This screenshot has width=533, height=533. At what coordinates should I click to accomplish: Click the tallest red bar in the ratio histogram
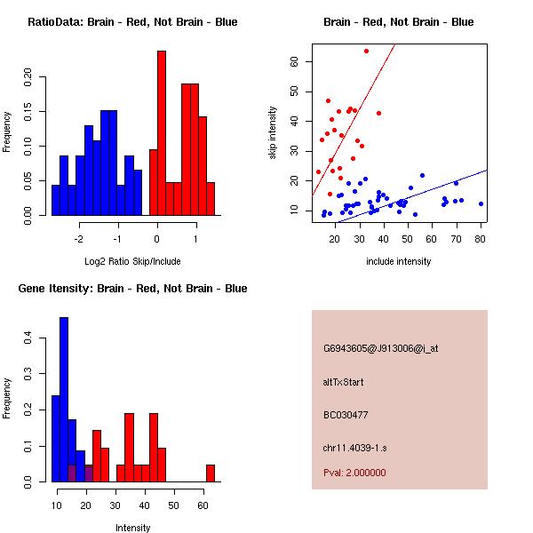point(162,133)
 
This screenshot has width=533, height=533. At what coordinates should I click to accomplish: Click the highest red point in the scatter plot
point(366,51)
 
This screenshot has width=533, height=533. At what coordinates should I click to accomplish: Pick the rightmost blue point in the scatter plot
point(481,203)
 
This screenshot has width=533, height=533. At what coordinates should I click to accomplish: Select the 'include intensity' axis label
point(399,261)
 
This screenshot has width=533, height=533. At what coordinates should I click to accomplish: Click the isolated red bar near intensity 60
point(211,473)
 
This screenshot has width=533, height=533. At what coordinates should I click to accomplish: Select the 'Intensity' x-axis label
point(132,528)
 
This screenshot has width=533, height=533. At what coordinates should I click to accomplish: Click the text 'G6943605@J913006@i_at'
point(381,348)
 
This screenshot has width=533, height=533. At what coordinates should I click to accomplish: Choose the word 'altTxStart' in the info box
point(344,382)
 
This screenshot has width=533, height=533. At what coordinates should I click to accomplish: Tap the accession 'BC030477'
point(346,415)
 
